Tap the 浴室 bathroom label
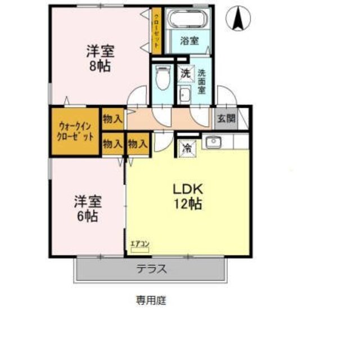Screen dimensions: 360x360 (x=189, y=40)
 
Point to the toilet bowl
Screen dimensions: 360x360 (x=163, y=79)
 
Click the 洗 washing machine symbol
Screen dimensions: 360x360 (x=184, y=73)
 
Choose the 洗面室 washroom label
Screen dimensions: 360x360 (x=201, y=79)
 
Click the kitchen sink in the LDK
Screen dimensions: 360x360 (x=212, y=143)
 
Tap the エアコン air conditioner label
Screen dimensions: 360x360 (x=139, y=243)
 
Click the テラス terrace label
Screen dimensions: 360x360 (x=151, y=268)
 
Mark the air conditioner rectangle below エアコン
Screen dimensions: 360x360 (x=139, y=249)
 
